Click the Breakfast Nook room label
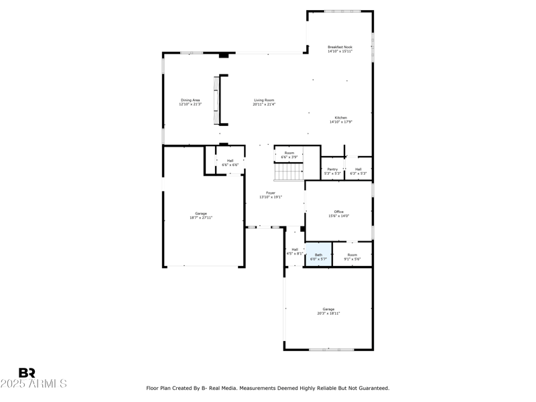click(x=340, y=49)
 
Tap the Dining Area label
click(x=190, y=102)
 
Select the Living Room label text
click(x=264, y=102)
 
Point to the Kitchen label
click(x=341, y=119)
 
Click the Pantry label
click(x=332, y=171)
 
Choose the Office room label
click(x=339, y=214)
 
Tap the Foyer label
click(x=271, y=195)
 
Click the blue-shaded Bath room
click(x=319, y=256)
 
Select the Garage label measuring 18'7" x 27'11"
click(x=201, y=215)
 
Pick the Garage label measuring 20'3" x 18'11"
click(x=328, y=311)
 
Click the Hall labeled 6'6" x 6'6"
click(x=230, y=162)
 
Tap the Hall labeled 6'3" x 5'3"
click(x=358, y=171)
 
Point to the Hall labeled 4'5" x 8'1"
click(x=295, y=251)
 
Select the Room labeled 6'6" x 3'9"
click(x=289, y=155)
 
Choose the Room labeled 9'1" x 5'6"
click(x=352, y=256)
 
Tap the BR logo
click(x=27, y=373)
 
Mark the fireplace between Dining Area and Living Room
click(x=216, y=100)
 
